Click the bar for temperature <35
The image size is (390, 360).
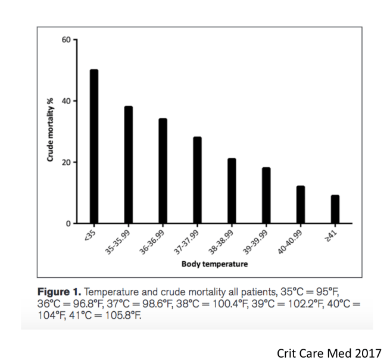(94, 146)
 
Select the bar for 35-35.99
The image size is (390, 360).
(129, 165)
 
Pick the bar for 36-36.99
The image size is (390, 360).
(163, 171)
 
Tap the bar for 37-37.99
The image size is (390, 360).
(197, 180)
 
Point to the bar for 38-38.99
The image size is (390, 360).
(232, 190)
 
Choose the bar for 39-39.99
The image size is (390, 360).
(266, 195)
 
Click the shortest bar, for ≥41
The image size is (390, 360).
(335, 209)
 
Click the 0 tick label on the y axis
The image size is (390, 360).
(68, 224)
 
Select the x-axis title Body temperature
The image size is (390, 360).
(214, 264)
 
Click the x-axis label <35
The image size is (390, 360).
(90, 234)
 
